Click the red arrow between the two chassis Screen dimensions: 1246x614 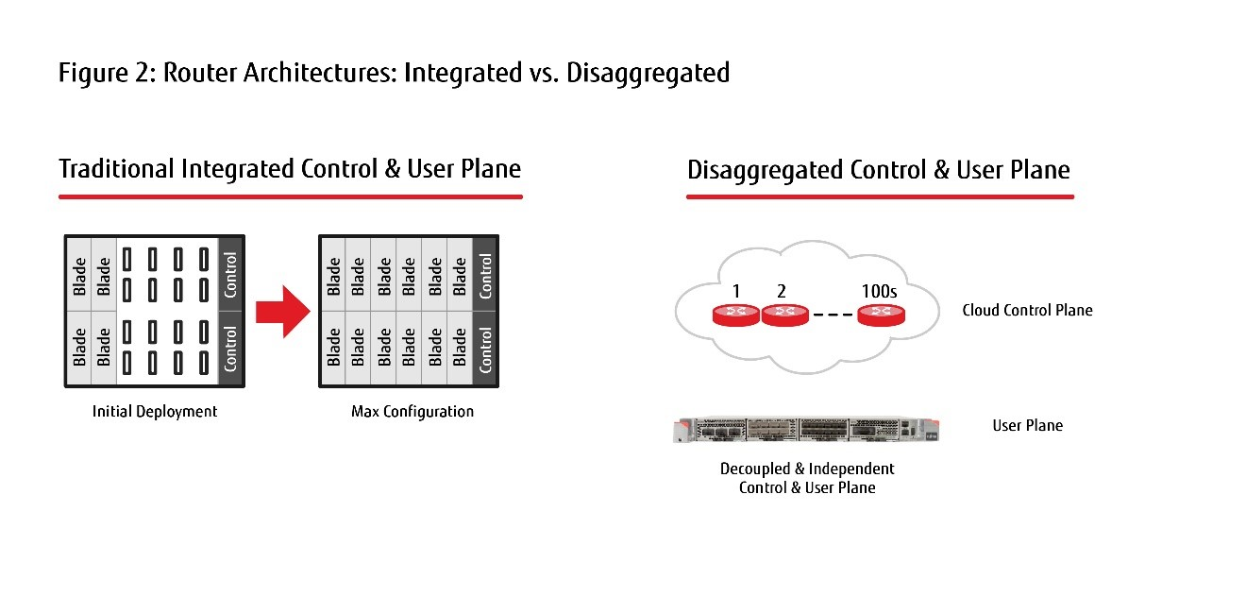(282, 312)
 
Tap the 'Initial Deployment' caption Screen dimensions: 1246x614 (155, 411)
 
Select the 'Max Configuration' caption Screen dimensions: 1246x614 (413, 411)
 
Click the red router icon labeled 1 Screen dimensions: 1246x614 (736, 316)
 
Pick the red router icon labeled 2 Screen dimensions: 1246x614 (784, 316)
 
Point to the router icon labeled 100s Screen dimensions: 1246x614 (881, 316)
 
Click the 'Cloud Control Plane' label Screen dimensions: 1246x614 (1027, 310)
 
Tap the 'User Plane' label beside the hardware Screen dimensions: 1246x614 (1027, 425)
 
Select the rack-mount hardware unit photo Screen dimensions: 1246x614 (806, 430)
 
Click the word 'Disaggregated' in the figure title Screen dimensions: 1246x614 (648, 74)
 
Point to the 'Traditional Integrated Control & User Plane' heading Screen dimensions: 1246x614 (290, 169)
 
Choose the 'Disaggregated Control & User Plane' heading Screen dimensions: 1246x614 (878, 170)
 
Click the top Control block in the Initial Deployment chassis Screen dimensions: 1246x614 (230, 275)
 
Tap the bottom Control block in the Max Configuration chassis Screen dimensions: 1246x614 (485, 349)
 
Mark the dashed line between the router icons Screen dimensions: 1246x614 (833, 315)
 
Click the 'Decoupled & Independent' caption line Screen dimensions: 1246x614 (807, 469)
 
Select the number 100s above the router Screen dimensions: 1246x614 (879, 291)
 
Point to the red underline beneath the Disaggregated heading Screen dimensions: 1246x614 (880, 196)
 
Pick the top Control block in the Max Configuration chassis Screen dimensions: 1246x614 (485, 275)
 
